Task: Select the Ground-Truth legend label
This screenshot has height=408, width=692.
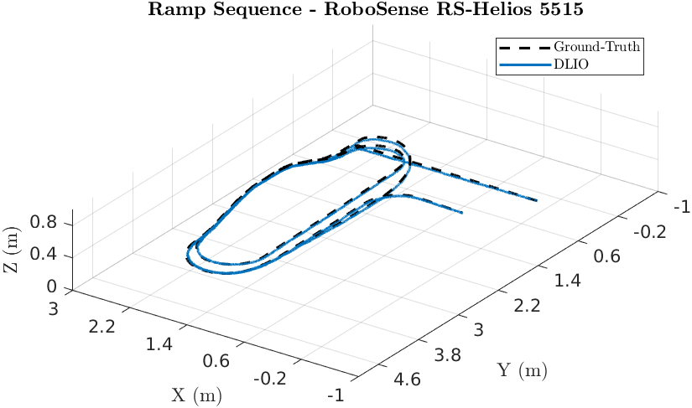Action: pos(596,47)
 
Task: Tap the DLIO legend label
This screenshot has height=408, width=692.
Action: pos(570,64)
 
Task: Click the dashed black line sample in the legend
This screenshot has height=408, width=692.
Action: pos(523,47)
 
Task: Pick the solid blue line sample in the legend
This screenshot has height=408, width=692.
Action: pos(523,64)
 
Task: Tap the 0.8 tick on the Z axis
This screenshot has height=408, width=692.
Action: pos(43,222)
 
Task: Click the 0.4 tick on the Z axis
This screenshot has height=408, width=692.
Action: pos(43,256)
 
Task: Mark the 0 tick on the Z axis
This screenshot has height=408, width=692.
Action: pos(53,287)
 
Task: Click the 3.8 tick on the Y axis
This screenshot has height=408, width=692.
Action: pos(444,354)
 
